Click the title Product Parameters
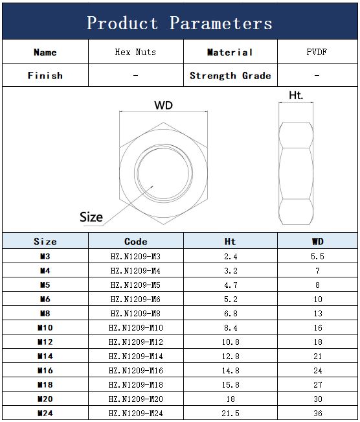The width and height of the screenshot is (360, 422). pyautogui.click(x=179, y=23)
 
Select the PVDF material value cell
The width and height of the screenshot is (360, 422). pyautogui.click(x=317, y=52)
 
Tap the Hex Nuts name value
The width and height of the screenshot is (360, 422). pyautogui.click(x=135, y=52)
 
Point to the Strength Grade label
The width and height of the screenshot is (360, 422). pyautogui.click(x=230, y=76)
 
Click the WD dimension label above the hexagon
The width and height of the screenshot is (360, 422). pyautogui.click(x=163, y=105)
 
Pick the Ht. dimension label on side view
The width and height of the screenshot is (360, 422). pyautogui.click(x=296, y=95)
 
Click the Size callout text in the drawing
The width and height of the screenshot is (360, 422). pyautogui.click(x=91, y=217)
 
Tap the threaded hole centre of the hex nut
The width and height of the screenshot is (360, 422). pyautogui.click(x=163, y=173)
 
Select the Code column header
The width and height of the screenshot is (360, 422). pyautogui.click(x=136, y=241)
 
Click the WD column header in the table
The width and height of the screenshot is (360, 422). pyautogui.click(x=317, y=241)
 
